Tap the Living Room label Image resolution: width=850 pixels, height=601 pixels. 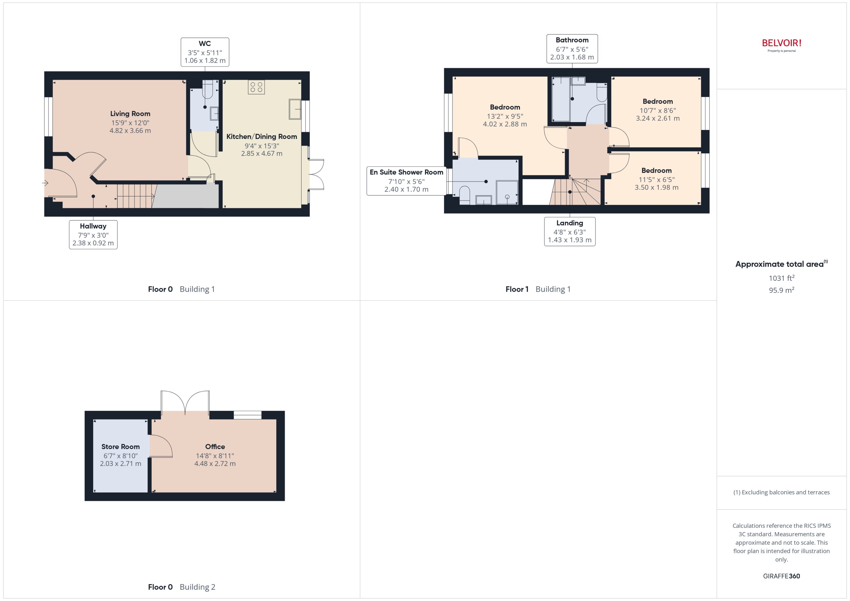[x=130, y=114]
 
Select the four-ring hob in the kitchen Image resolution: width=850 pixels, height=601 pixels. [x=256, y=87]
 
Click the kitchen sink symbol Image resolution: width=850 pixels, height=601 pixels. [x=295, y=109]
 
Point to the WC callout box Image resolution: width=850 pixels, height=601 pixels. [x=204, y=52]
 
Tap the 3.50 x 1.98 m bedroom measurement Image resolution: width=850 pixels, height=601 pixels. [x=656, y=188]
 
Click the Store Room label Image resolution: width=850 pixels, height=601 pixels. [x=120, y=447]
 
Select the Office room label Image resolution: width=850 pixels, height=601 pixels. [x=215, y=447]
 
